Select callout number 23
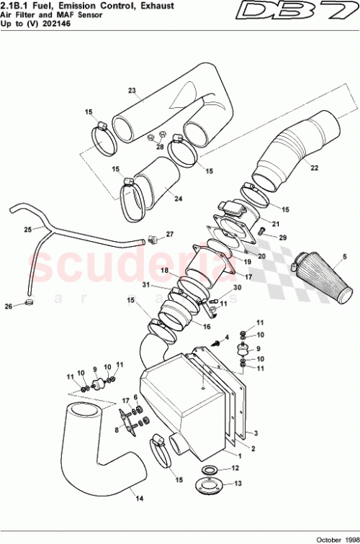(132, 91)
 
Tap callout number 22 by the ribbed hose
(314, 168)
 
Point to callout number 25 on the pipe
(27, 230)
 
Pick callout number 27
(170, 234)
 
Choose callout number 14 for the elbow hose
(139, 497)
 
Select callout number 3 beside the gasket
(255, 433)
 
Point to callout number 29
(283, 237)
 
